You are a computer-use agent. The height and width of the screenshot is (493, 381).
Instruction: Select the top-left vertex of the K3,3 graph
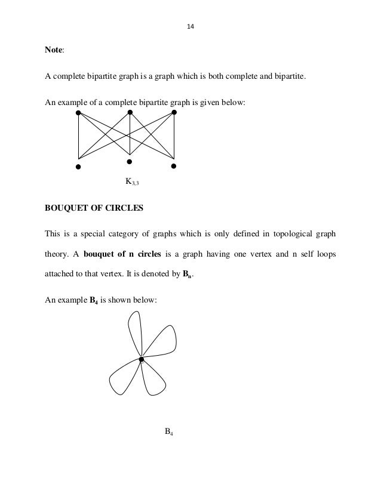pos(78,112)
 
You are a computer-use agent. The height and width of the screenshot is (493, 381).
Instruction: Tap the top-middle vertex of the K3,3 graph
pos(130,112)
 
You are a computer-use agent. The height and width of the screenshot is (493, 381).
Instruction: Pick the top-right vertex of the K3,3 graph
pos(174,112)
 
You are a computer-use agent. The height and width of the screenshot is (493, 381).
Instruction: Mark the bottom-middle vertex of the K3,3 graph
pos(129,161)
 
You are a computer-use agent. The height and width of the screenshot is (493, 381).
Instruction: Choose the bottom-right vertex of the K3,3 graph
pos(174,165)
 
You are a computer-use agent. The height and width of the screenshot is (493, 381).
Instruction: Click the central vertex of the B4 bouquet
pos(142,359)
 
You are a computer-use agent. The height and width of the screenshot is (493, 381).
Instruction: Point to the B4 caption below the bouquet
pos(169,432)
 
